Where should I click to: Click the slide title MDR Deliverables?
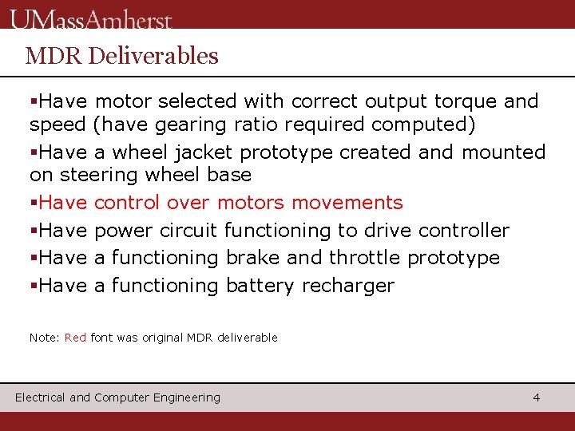pyautogui.click(x=121, y=56)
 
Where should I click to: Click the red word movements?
pyautogui.click(x=349, y=203)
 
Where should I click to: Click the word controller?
pyautogui.click(x=464, y=231)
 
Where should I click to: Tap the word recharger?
pyautogui.click(x=348, y=286)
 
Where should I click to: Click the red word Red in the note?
pyautogui.click(x=75, y=338)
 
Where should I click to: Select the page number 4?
pyautogui.click(x=537, y=397)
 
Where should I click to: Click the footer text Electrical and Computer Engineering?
pyautogui.click(x=117, y=397)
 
